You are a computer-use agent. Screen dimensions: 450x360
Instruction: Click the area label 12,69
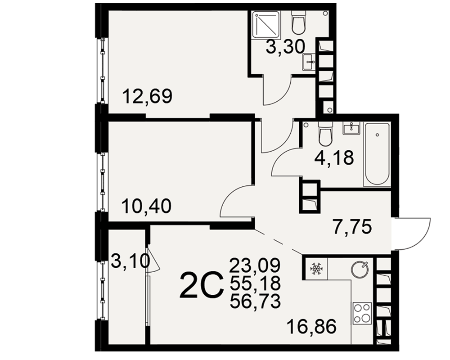147,96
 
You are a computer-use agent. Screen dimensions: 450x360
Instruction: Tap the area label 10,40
147,206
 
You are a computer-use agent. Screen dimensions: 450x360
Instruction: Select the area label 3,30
285,47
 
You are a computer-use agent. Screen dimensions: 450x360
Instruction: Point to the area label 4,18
334,157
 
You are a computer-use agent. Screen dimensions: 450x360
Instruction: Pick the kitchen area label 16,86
311,327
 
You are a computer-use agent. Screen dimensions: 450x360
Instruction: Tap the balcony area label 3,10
130,261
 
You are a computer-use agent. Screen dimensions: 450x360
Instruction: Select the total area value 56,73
255,301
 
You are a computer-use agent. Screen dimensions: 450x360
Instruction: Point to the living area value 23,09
255,265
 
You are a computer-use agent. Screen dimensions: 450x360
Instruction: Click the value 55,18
255,283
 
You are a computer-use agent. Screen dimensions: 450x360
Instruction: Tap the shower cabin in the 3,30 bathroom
266,24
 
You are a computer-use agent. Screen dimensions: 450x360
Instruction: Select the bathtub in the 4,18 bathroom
377,154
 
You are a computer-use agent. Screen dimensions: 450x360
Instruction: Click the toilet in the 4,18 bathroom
325,133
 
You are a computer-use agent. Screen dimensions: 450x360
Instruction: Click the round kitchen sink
360,269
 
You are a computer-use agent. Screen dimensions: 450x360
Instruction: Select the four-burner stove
362,314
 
